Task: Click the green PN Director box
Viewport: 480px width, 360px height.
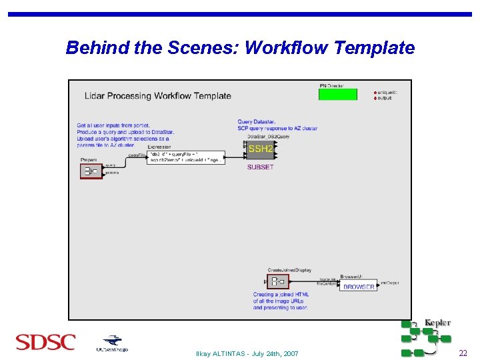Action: [337, 94]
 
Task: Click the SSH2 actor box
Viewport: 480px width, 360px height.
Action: [260, 149]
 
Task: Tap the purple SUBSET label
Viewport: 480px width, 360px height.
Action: [260, 167]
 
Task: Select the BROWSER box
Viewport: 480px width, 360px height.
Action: [359, 287]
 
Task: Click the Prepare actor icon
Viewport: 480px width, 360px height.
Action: [89, 171]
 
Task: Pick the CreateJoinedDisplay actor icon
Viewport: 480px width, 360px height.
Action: [278, 281]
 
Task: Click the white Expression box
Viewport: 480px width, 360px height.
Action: [186, 157]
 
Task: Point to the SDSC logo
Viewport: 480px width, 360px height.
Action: [45, 343]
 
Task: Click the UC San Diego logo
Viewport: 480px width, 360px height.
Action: [111, 343]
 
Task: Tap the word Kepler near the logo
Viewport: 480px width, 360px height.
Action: [437, 323]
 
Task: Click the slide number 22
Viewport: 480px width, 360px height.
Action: [463, 353]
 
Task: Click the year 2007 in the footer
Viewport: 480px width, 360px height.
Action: [289, 353]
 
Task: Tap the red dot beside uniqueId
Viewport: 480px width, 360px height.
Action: [375, 93]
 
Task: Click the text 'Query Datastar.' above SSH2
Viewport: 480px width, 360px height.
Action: [256, 122]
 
